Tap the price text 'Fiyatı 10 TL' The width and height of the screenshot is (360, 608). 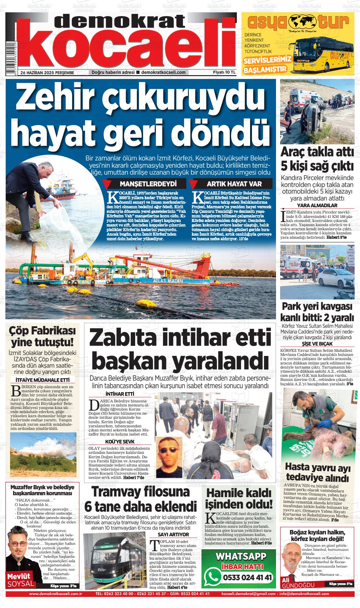(224, 72)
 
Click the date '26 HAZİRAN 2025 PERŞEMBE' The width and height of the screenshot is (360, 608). (47, 73)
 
